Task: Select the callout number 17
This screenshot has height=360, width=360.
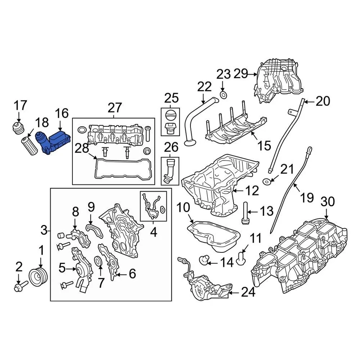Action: (21, 105)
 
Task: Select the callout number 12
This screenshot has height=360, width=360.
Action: (252, 191)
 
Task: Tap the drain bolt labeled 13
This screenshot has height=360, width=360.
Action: (245, 213)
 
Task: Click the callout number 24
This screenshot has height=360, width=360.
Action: (248, 292)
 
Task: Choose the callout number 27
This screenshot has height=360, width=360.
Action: (115, 108)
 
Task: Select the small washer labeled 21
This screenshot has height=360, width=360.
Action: (267, 182)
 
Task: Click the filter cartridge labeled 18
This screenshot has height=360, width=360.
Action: (29, 146)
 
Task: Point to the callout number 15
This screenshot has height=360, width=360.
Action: (264, 145)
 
